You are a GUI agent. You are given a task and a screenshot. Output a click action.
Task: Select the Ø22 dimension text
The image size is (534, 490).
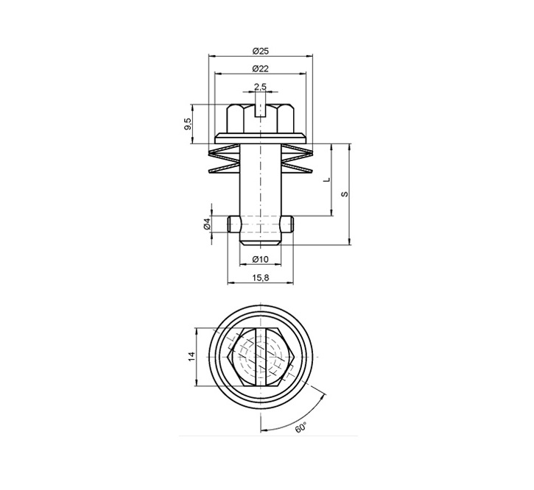pyautogui.click(x=259, y=68)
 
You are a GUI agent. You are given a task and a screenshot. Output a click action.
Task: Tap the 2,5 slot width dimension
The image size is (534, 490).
pyautogui.click(x=260, y=87)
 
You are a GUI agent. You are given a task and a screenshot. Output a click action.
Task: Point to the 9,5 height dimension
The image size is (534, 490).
pyautogui.click(x=189, y=123)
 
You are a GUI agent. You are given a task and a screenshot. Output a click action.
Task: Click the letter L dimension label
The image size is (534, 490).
pyautogui.click(x=325, y=180)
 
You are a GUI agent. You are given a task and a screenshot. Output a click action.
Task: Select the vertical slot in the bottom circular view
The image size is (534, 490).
pyautogui.click(x=260, y=357)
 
